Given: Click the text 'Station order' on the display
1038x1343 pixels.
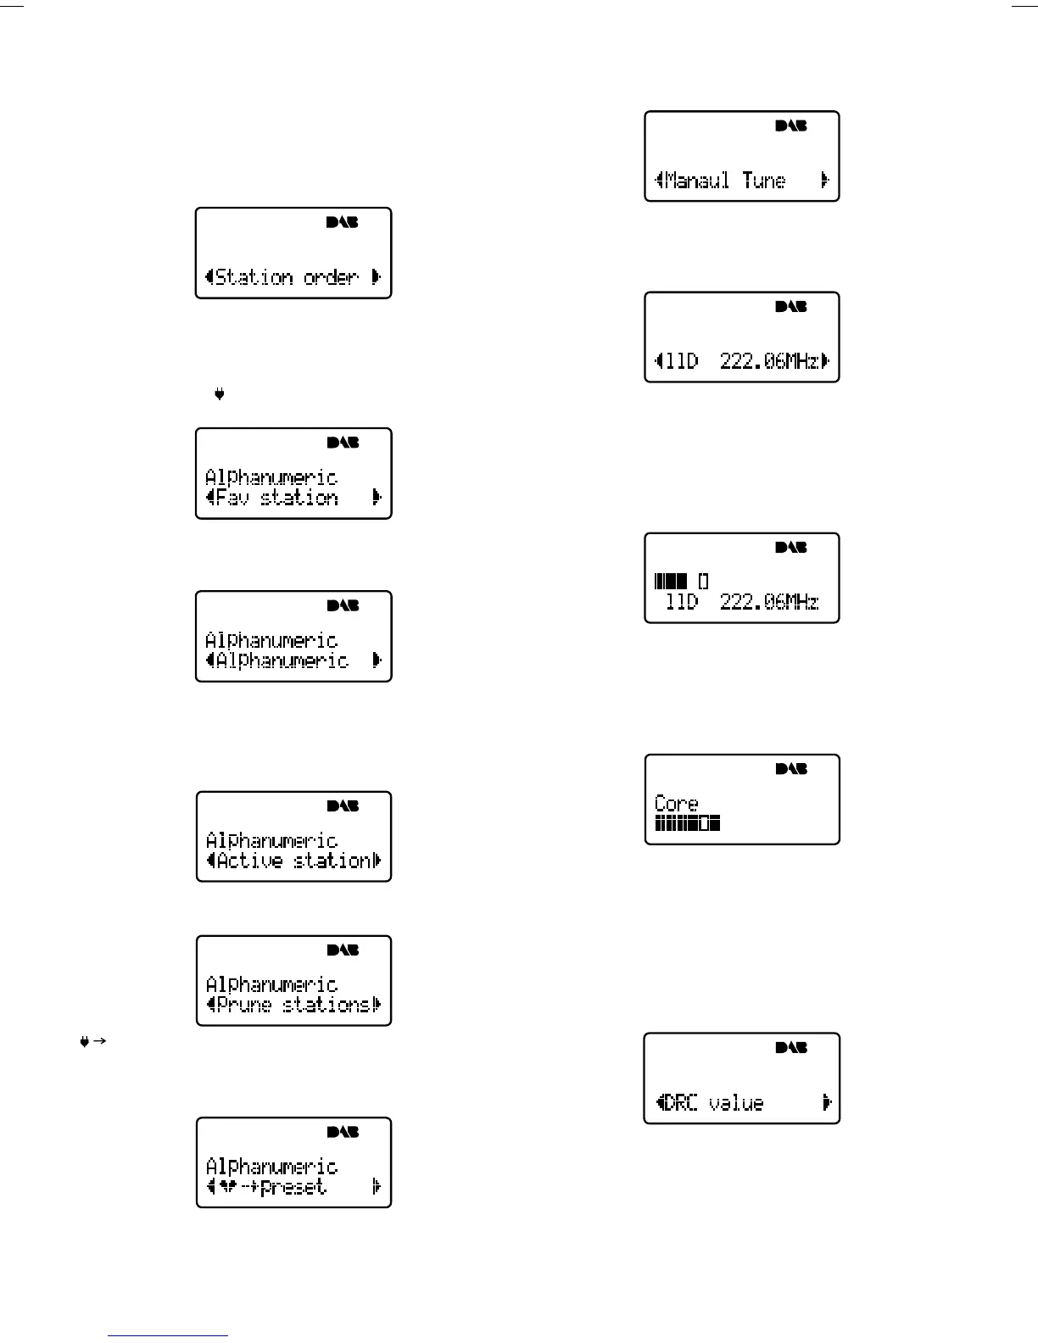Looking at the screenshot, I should [x=287, y=277].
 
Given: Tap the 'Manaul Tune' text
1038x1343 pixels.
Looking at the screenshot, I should [x=725, y=181].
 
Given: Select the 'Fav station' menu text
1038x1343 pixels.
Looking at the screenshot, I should [x=277, y=498].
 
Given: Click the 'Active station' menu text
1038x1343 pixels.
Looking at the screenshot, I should [x=293, y=861].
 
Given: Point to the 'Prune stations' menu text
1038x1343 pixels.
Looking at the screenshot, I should [x=293, y=1006].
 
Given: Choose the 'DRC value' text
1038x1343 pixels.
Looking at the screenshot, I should [x=714, y=1103].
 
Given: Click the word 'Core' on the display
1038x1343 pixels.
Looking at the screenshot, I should [x=677, y=803].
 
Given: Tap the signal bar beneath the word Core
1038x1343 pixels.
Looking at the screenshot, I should [x=688, y=823].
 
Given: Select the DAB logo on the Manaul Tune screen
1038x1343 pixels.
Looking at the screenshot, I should [x=791, y=126].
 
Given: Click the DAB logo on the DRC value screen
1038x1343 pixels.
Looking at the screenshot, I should [x=791, y=1048].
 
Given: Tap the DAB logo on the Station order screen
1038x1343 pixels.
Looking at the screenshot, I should [x=343, y=223].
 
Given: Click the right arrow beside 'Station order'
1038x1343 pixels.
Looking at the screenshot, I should [x=377, y=277].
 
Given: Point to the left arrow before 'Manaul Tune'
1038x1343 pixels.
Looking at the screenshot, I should [x=659, y=181].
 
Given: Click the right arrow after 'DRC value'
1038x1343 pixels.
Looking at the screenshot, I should [x=827, y=1103].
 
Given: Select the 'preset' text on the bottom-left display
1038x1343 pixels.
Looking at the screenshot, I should [x=293, y=1187].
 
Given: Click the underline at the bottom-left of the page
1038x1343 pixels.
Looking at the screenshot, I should [x=168, y=1335].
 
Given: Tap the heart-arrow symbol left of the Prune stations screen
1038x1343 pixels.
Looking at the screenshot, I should [x=92, y=1042].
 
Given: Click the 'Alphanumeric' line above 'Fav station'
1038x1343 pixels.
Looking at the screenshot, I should [x=271, y=477].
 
